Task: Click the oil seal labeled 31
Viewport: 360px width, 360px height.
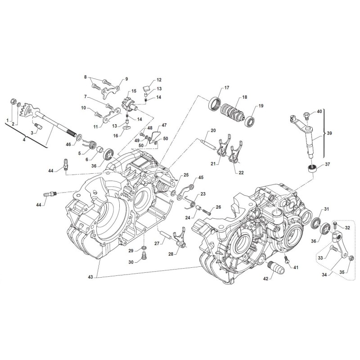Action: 316,222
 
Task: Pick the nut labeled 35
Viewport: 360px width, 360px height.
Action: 352,259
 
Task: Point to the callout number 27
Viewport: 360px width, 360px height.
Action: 157,243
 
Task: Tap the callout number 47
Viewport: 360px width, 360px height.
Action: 164,125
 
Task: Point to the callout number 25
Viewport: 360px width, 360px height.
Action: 186,175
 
